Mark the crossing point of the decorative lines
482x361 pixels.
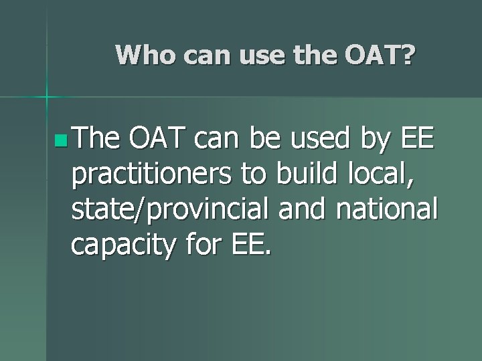(x=47, y=98)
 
